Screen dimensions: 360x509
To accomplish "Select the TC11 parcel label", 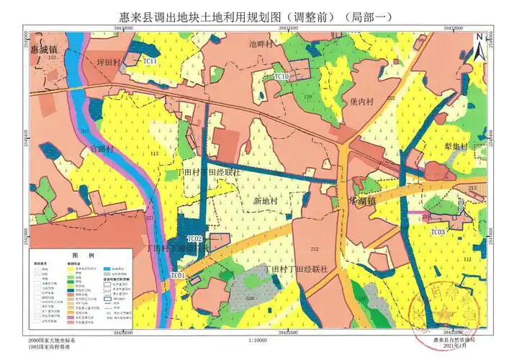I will (150, 62).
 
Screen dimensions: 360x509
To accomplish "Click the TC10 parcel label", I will (281, 76).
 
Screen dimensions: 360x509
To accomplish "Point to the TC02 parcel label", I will (195, 238).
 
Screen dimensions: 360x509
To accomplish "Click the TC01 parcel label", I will (178, 275).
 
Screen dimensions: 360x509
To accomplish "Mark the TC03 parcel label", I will (438, 232).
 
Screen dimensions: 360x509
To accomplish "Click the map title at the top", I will (255, 17).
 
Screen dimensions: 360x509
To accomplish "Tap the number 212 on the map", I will (314, 249).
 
